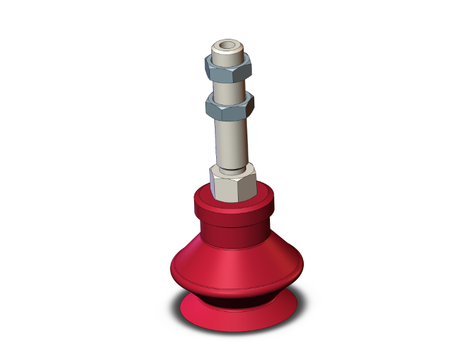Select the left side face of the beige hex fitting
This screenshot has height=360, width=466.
point(215,185)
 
